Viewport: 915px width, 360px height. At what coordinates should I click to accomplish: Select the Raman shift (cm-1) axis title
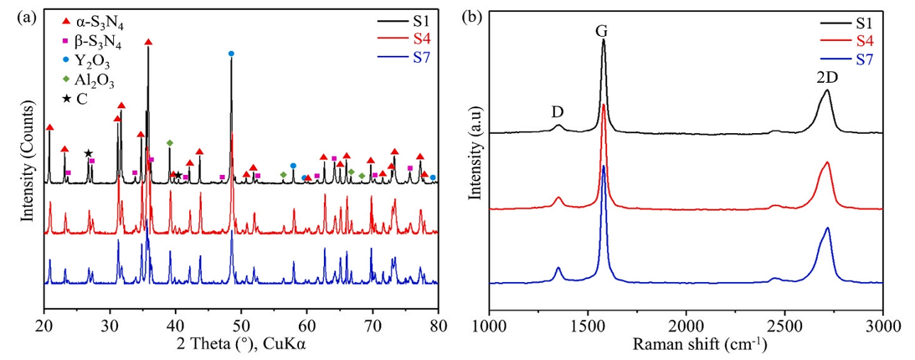[686, 342]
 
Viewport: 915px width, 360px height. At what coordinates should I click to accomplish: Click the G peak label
[601, 31]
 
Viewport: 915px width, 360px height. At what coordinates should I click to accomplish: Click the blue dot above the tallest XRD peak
[231, 54]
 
